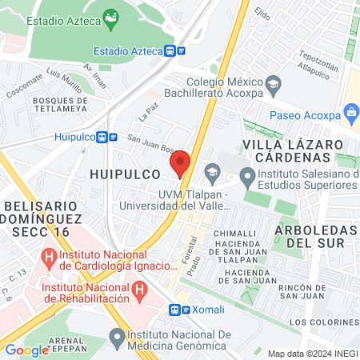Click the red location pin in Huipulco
[x=180, y=162]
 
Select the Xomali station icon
[x=176, y=309]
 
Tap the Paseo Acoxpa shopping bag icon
[x=350, y=112]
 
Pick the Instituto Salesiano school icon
[x=248, y=176]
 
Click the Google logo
[x=26, y=350]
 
